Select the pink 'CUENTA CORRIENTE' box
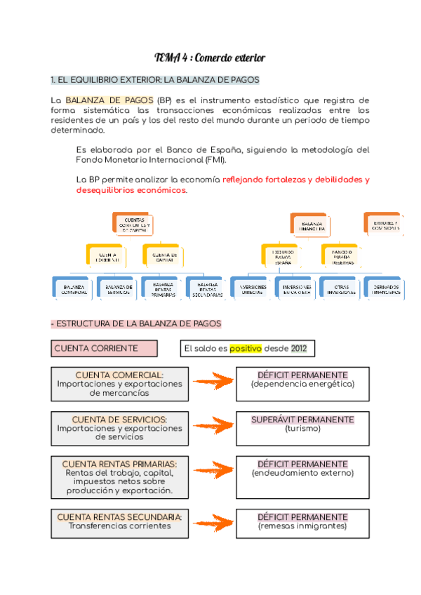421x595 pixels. pos(104,348)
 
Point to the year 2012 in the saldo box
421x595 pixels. pos(299,348)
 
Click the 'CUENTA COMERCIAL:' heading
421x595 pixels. pos(119,375)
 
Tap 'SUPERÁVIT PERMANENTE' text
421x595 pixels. pos(302,420)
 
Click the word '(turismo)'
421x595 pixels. pos(302,429)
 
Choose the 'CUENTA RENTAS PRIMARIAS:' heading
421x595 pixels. pos(119,464)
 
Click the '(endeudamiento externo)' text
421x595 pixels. pos(302,473)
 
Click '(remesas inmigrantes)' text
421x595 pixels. pos(302,526)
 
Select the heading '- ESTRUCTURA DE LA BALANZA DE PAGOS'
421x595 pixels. pos(136,323)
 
